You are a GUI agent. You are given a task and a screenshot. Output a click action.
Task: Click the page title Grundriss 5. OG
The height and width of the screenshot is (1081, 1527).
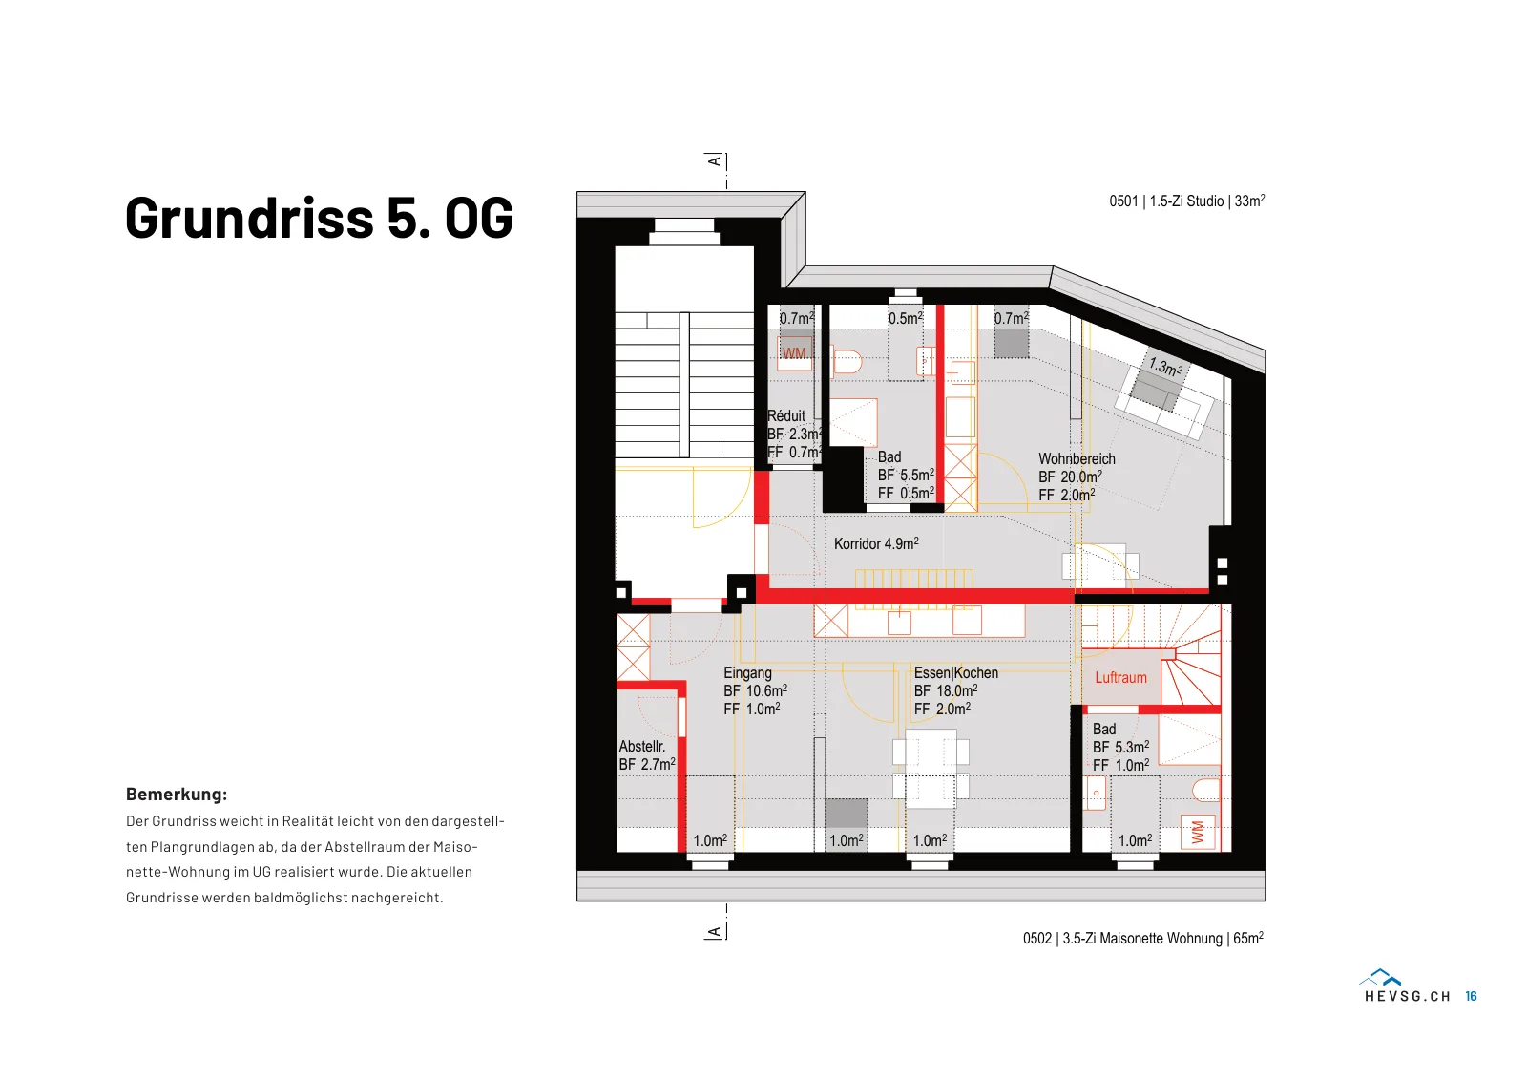click(319, 218)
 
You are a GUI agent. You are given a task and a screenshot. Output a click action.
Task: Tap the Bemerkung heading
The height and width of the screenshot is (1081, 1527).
click(177, 795)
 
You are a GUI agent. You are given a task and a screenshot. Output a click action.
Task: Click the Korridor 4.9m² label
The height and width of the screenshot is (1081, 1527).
click(877, 543)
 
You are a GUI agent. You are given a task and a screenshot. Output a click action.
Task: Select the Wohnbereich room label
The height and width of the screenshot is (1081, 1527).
click(1077, 459)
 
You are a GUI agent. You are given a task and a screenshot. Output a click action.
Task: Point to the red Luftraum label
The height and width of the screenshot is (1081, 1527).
click(1120, 678)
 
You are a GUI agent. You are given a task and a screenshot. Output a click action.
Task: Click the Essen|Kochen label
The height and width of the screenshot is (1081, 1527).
click(955, 672)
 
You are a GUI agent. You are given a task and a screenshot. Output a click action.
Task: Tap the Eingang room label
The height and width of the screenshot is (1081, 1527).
click(748, 673)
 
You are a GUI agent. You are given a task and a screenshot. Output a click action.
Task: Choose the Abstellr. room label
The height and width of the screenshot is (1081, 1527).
click(642, 746)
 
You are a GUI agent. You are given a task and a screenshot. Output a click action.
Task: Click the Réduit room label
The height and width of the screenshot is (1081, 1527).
click(786, 416)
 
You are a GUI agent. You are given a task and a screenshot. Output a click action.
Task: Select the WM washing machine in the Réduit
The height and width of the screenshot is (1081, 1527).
click(795, 353)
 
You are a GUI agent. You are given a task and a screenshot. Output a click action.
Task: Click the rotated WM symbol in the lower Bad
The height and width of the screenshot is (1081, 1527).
click(1198, 833)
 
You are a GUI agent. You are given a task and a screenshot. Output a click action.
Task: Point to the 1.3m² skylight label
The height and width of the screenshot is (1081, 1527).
click(1165, 367)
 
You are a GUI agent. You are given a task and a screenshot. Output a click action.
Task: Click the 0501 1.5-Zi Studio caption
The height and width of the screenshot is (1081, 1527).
click(1187, 201)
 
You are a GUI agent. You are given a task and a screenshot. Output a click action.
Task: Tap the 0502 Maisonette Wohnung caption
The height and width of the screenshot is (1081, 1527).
click(1143, 939)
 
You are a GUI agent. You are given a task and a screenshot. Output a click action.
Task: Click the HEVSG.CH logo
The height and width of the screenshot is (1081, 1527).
click(1407, 986)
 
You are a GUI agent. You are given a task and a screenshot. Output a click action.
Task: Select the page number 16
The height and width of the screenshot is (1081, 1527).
click(1471, 996)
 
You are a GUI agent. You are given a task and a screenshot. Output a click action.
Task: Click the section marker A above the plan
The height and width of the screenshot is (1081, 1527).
click(714, 161)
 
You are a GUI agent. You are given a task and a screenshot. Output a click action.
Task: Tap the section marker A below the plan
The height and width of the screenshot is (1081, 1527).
click(714, 932)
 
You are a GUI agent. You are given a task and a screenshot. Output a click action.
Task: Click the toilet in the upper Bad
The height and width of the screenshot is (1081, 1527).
click(847, 362)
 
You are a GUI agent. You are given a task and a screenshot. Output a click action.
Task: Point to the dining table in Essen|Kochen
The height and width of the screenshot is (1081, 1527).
click(931, 769)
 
